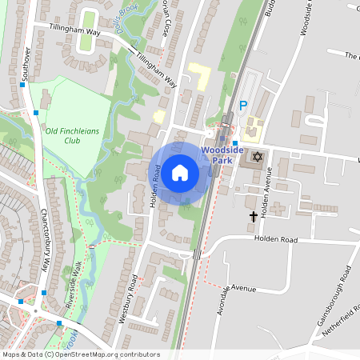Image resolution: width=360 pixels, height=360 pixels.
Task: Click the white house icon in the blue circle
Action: pos(180,171)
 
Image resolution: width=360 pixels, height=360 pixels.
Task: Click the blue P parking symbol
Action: pos(243,105)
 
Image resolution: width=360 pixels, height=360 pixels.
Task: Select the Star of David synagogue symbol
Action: pos(257,156)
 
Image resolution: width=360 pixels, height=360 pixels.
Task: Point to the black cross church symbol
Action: pos(254,216)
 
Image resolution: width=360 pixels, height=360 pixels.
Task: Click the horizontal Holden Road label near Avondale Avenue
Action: pos(275,238)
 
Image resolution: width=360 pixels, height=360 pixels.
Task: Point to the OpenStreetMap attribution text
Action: pos(80,354)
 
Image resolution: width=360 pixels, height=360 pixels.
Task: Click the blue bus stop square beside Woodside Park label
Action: pos(234,142)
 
